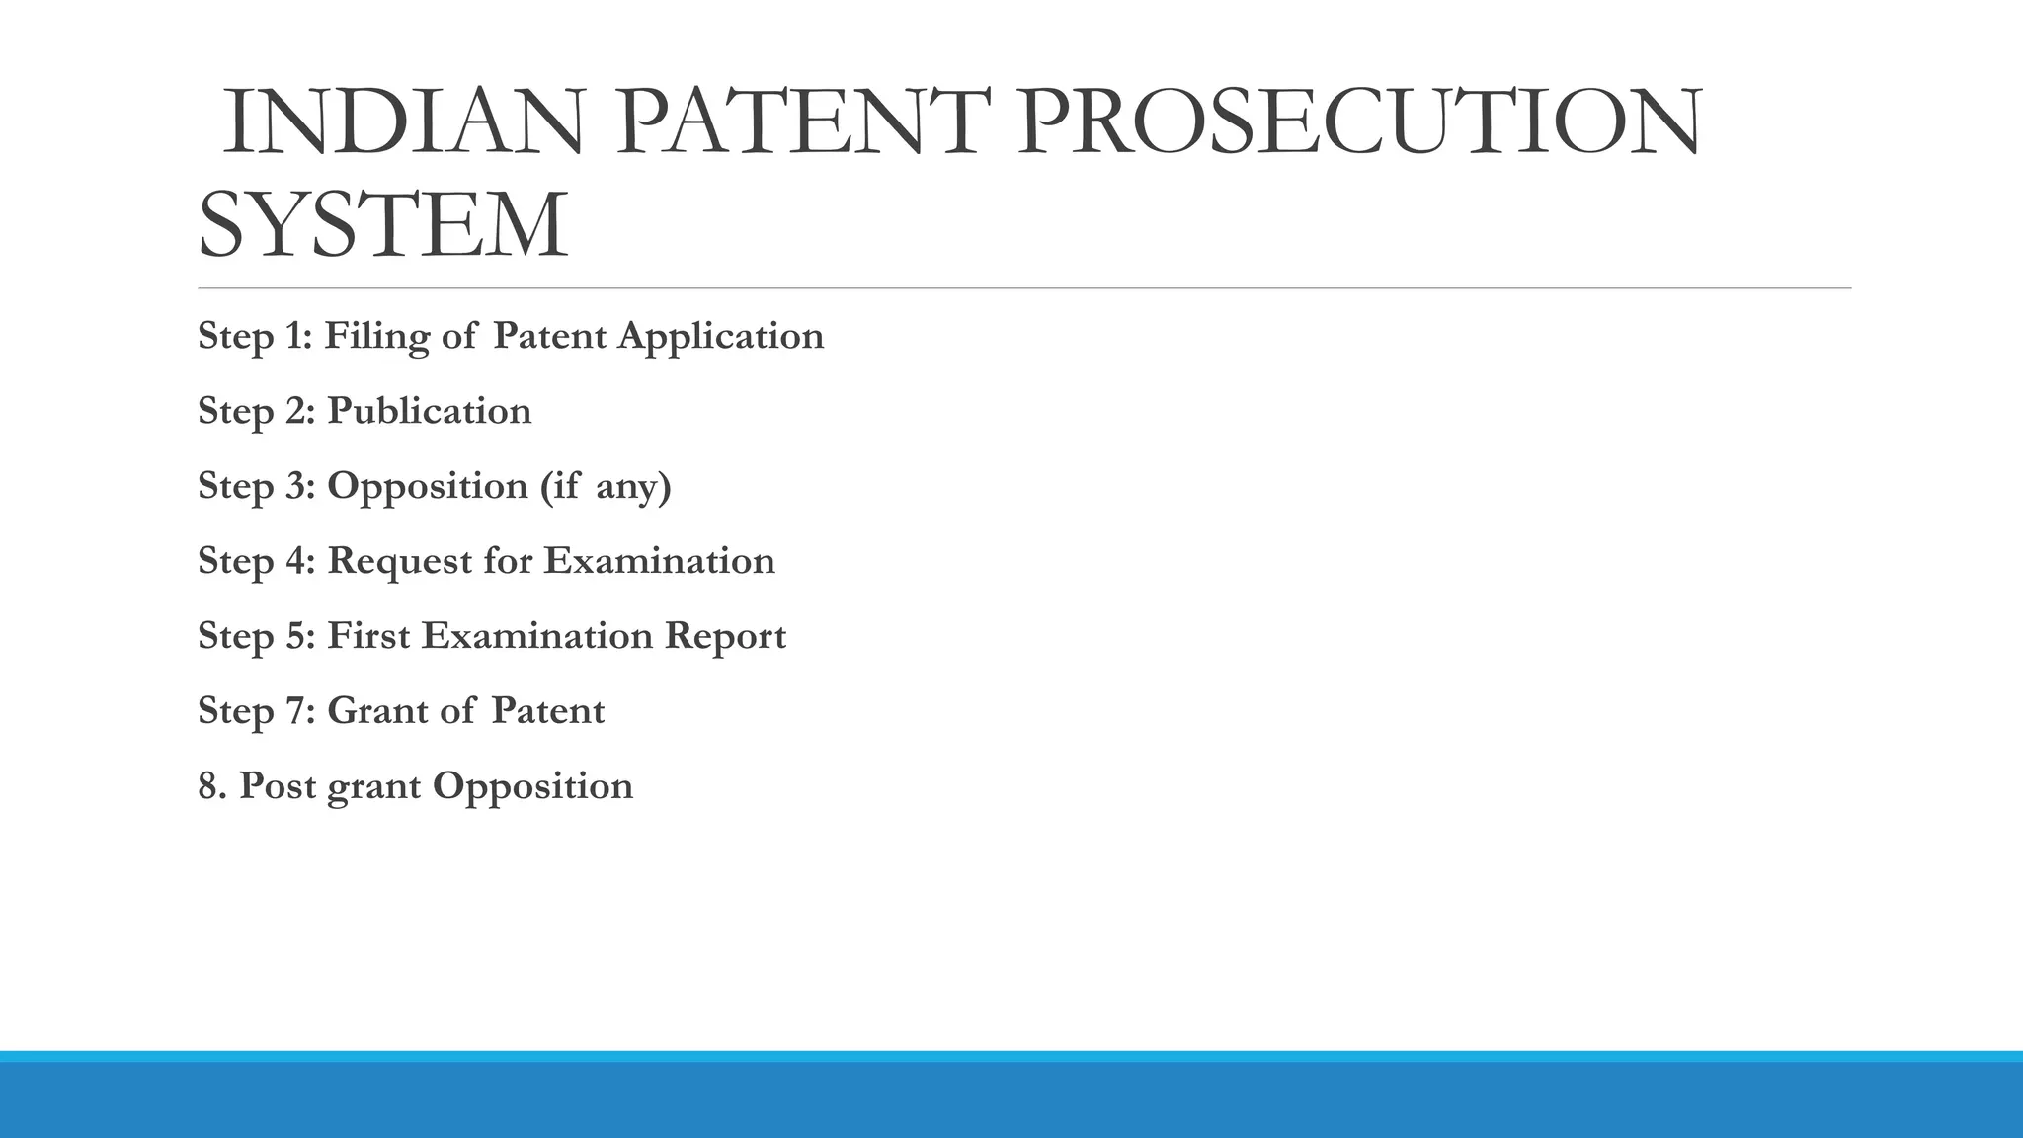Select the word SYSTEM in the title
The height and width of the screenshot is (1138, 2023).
tap(383, 226)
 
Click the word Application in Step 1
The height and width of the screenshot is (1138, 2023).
tap(720, 337)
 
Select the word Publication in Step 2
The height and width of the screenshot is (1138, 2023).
tap(429, 411)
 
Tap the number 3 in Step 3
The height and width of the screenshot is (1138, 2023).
tap(296, 486)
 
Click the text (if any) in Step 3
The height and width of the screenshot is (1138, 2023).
tap(606, 486)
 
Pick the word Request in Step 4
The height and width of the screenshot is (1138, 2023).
tap(399, 561)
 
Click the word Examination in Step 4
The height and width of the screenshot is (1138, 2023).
tap(659, 561)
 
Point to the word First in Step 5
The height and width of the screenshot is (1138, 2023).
tap(367, 636)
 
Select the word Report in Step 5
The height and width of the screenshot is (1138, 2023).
tap(725, 636)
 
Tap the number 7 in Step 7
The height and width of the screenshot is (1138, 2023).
tap(296, 711)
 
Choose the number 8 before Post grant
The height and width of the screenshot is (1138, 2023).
tap(207, 786)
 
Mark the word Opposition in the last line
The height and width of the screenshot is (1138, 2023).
tap(532, 786)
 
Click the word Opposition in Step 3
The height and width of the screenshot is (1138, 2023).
tap(427, 486)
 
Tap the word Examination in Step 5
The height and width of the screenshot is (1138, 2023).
tap(537, 636)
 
